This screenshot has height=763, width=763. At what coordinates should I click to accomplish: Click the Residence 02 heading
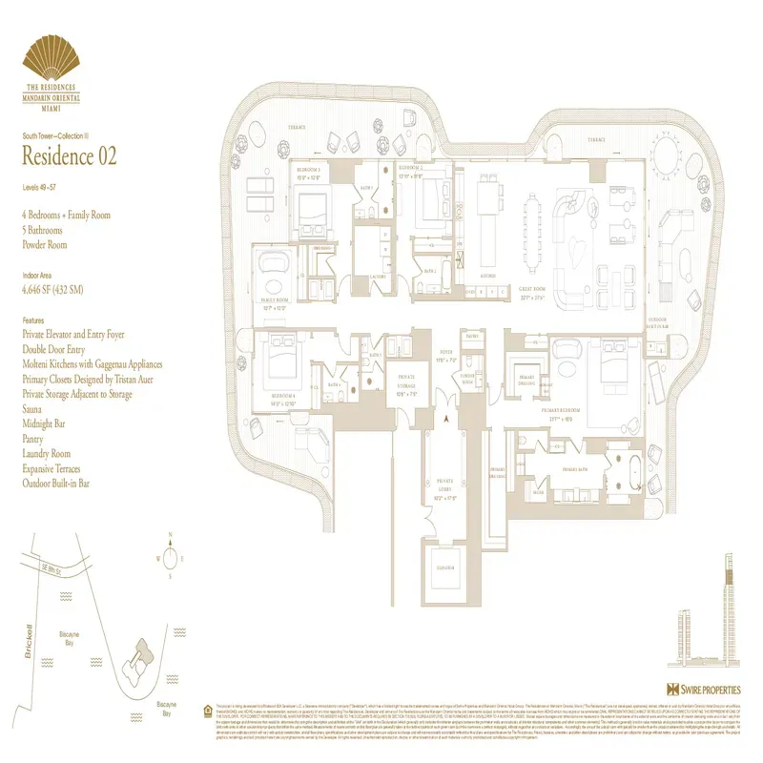point(70,156)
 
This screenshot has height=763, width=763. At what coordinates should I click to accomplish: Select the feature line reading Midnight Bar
point(50,423)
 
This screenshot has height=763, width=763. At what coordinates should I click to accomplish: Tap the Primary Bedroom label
point(561,413)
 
